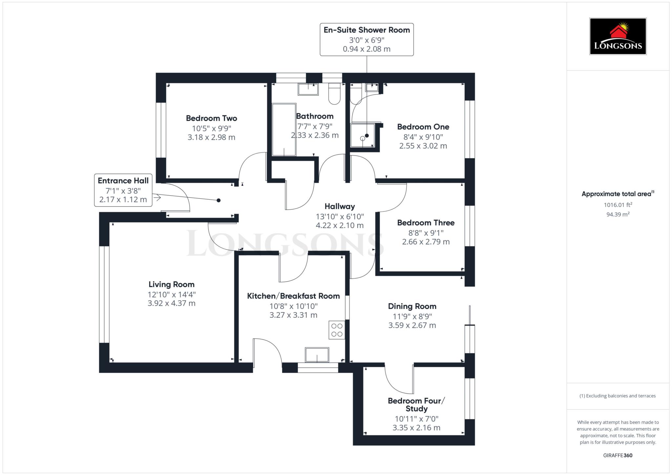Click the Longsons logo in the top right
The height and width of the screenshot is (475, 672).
618,36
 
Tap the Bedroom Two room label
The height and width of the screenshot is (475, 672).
211,118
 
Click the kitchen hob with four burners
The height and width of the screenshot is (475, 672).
337,330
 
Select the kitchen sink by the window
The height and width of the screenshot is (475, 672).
317,355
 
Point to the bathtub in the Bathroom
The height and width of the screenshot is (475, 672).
284,130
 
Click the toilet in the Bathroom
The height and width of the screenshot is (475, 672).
334,94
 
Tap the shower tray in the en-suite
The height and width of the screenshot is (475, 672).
363,135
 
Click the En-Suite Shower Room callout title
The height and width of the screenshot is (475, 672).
367,30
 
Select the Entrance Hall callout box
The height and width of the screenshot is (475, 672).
123,190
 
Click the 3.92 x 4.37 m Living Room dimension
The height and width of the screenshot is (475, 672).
171,304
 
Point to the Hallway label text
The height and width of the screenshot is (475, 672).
340,207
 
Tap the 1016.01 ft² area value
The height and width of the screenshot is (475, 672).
618,205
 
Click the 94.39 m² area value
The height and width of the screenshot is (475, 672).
618,215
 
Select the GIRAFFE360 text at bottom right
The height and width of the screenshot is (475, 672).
618,455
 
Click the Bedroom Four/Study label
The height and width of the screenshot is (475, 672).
416,405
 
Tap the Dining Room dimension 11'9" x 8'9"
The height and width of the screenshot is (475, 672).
412,317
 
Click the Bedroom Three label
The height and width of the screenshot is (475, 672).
426,223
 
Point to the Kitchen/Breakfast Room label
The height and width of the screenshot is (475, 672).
293,296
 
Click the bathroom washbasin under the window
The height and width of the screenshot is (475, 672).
308,89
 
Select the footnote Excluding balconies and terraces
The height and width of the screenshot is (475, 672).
618,396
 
